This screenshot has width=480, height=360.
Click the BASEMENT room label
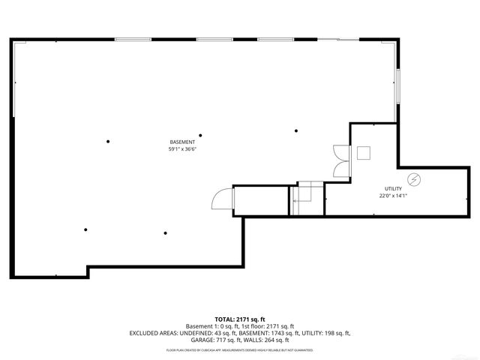[x=182, y=142]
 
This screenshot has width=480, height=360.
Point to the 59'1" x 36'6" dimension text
[x=182, y=149]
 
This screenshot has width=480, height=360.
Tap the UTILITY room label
[x=393, y=189]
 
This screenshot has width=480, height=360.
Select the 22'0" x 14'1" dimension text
[x=393, y=196]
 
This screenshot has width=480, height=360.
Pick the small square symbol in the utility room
[x=364, y=153]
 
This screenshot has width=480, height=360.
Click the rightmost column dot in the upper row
[x=296, y=130]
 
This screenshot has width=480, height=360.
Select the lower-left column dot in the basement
[x=86, y=229]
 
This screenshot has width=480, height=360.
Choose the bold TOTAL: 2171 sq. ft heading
[x=239, y=319]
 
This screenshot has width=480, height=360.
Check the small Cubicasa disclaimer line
[x=239, y=349]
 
